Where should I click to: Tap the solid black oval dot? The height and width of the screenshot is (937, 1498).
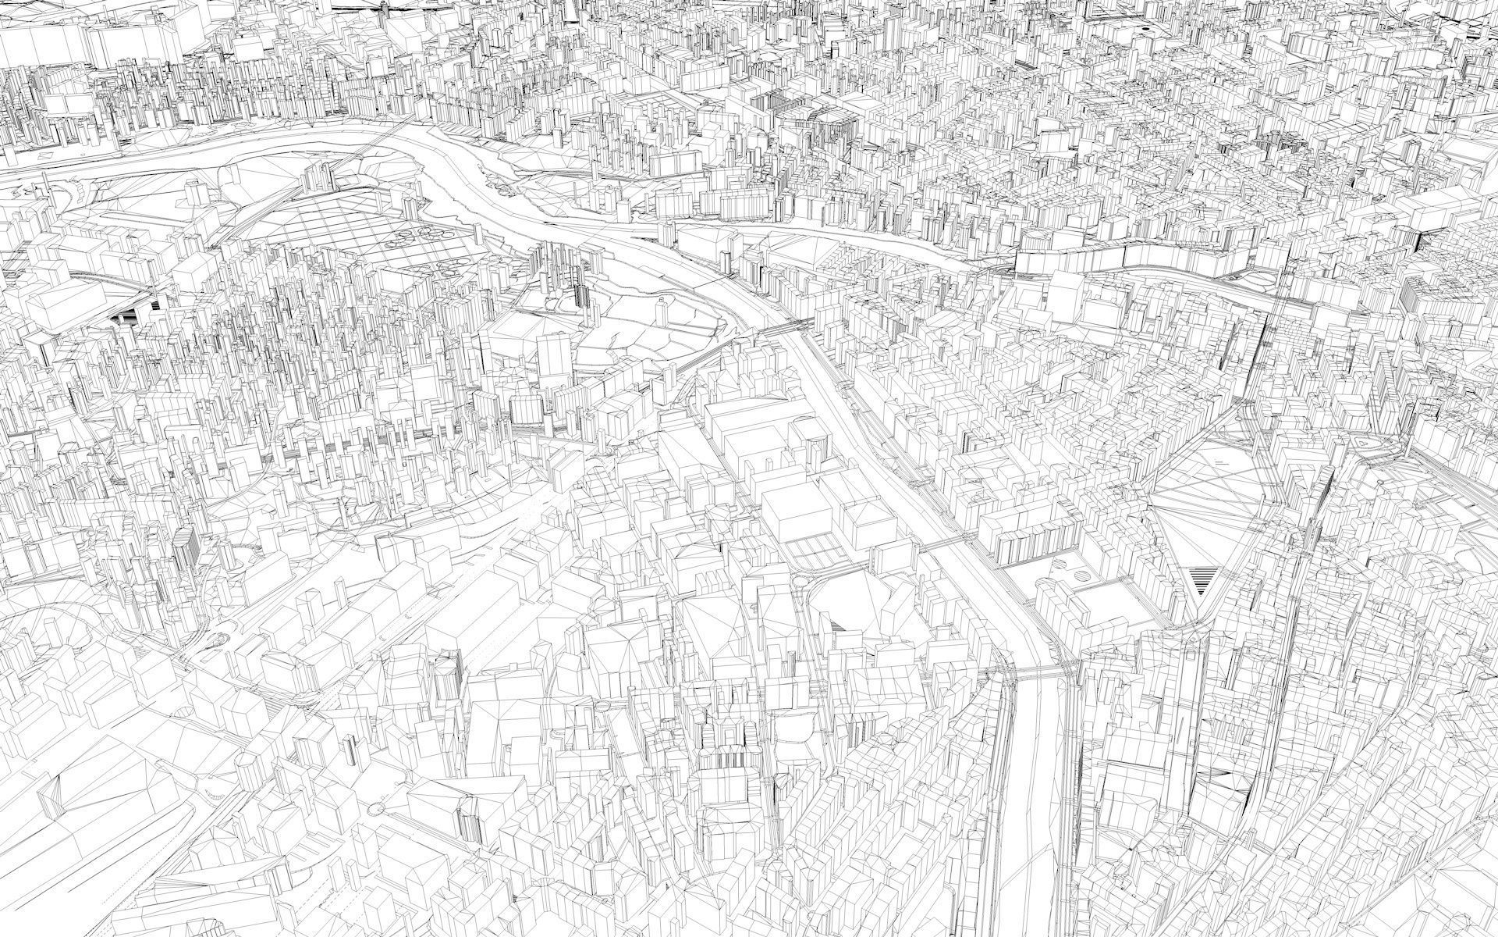tap(1145, 29)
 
